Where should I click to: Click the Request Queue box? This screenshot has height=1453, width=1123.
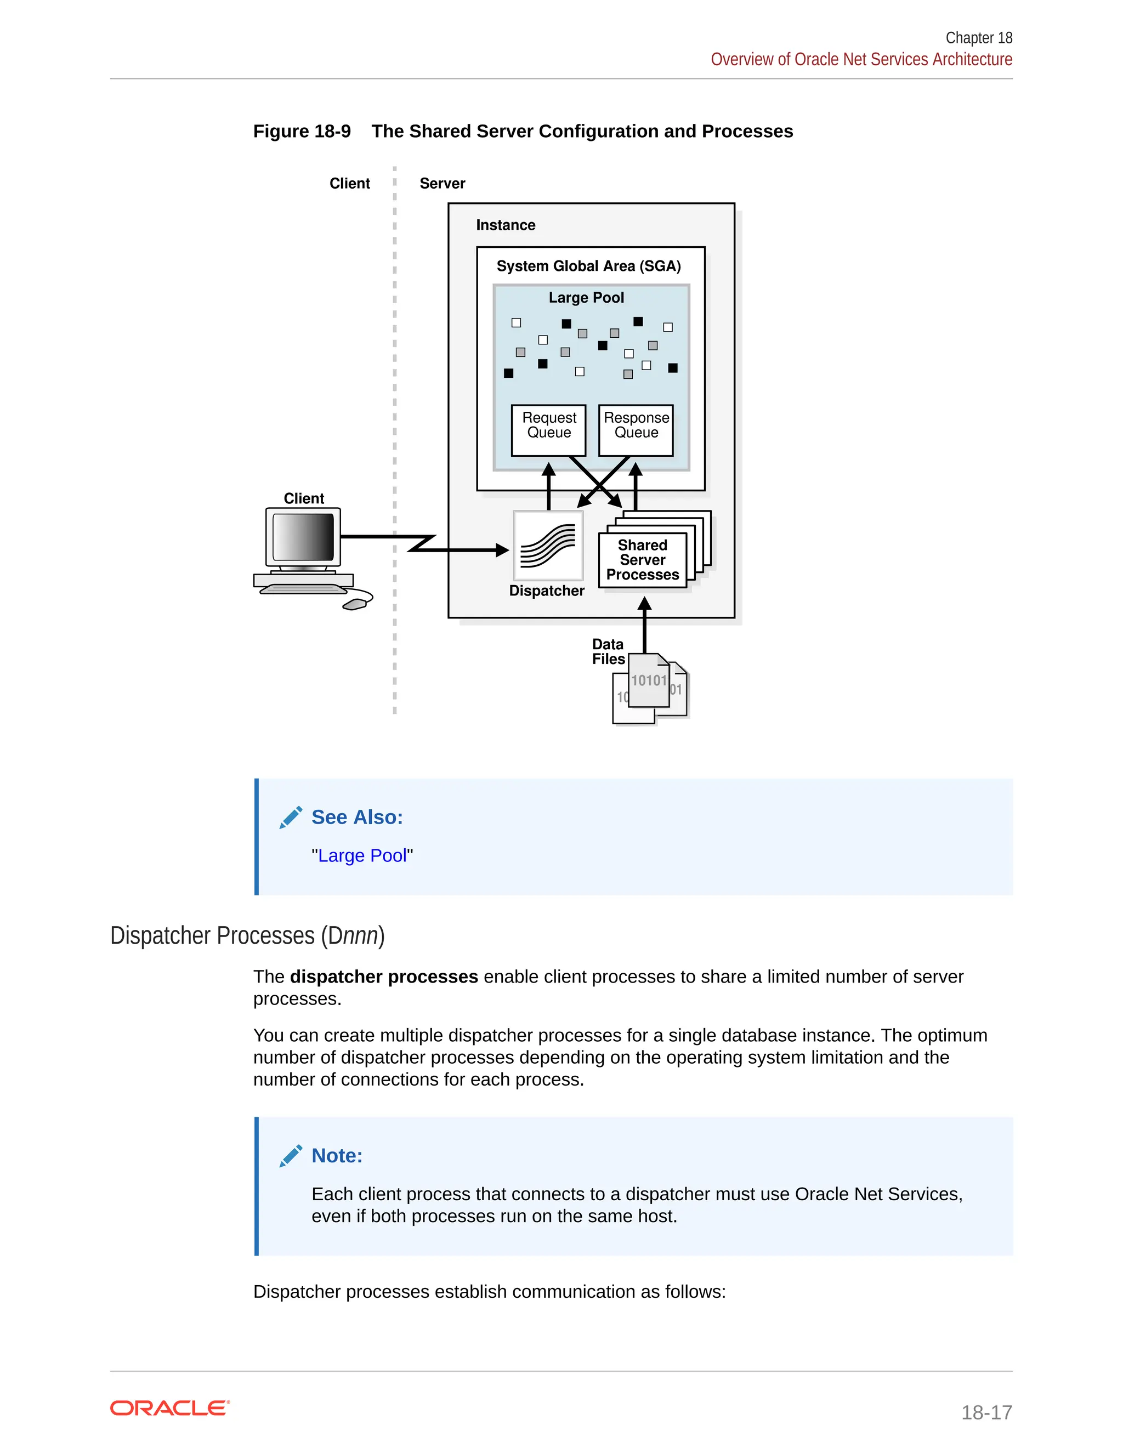pos(548,430)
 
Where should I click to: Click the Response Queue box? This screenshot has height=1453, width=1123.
pos(636,430)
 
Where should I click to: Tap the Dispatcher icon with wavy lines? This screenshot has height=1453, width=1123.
pos(548,546)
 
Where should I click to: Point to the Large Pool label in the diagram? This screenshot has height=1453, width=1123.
pos(586,297)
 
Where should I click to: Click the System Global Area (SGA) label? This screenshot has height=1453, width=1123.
pos(588,266)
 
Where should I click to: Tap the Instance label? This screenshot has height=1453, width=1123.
pos(505,225)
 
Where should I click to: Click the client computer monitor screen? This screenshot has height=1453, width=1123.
pos(303,536)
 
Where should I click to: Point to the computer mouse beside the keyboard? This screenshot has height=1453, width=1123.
pos(355,604)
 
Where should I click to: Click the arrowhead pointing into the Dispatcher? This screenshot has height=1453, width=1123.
pos(502,550)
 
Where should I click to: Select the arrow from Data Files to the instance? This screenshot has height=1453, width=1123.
pos(644,626)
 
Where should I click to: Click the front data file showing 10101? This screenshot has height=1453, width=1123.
pos(648,680)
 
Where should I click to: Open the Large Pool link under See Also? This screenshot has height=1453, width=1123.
pos(362,855)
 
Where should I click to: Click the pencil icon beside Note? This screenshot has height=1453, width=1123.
pos(291,1156)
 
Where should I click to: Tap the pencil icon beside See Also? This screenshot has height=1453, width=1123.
pos(291,817)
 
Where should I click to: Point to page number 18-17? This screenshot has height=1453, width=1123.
pos(986,1412)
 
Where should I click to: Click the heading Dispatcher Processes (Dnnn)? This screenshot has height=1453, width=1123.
pos(247,935)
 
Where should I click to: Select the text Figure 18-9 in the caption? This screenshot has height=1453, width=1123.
pos(302,131)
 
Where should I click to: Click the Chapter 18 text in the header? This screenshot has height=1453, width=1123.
pos(978,38)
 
